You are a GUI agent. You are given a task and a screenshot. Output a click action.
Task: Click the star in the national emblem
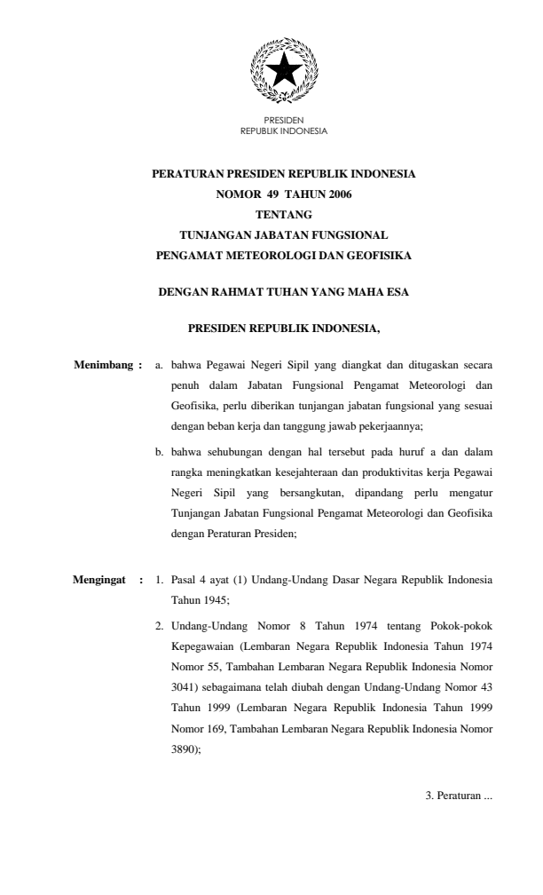(x=284, y=72)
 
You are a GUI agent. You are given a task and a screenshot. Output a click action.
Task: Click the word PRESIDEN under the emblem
(x=284, y=120)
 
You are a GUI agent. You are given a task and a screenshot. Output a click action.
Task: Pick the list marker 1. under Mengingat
(x=159, y=582)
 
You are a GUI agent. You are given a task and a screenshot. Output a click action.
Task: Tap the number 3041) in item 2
(x=185, y=688)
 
